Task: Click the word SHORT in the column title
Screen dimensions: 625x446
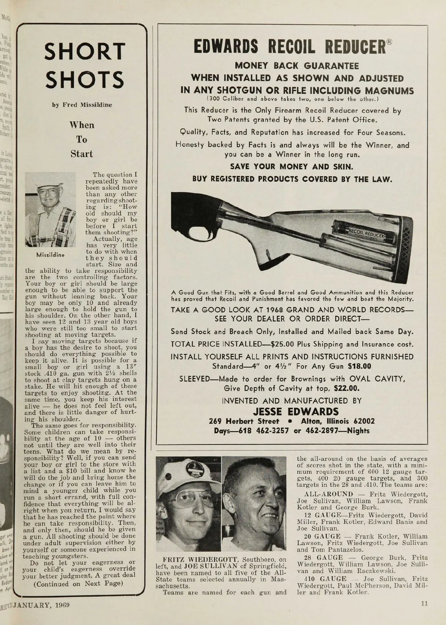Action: [84, 52]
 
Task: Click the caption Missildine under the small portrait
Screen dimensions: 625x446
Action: [50, 255]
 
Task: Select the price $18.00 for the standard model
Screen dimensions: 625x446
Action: [359, 366]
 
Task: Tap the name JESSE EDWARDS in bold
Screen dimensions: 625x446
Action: [296, 412]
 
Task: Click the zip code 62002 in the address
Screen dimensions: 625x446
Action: [364, 421]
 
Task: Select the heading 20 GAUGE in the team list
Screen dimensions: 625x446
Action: [322, 536]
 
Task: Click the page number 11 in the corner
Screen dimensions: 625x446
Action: [424, 603]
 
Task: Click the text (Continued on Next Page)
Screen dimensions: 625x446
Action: [78, 583]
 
